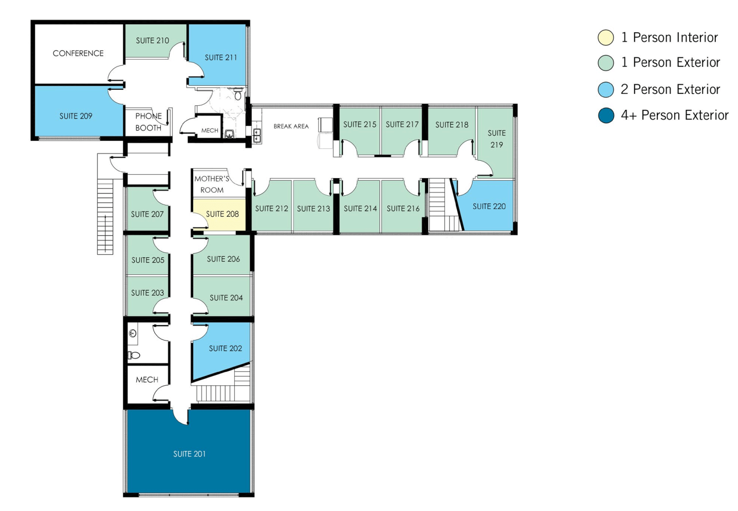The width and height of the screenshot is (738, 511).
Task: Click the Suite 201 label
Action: pyautogui.click(x=190, y=454)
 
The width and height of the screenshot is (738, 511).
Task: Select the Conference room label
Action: pyautogui.click(x=78, y=53)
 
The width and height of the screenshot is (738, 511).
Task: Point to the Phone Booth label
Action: pyautogui.click(x=149, y=122)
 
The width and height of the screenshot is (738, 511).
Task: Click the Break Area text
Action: pyautogui.click(x=291, y=126)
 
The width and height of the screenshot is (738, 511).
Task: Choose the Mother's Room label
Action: pyautogui.click(x=212, y=184)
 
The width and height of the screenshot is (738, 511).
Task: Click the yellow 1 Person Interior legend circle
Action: pyautogui.click(x=606, y=37)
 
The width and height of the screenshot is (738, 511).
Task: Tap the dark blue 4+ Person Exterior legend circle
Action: pyautogui.click(x=606, y=115)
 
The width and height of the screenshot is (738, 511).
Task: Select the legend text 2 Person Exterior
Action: pyautogui.click(x=671, y=89)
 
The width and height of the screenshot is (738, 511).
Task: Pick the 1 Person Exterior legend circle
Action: pyautogui.click(x=606, y=63)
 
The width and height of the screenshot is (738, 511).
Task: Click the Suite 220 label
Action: pyautogui.click(x=489, y=206)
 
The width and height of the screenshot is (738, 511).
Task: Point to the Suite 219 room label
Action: pyautogui.click(x=496, y=139)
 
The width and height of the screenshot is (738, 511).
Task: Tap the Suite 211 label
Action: pyautogui.click(x=221, y=58)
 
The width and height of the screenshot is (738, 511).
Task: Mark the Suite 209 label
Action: pyautogui.click(x=76, y=116)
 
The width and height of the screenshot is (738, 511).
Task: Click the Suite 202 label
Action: pyautogui.click(x=225, y=348)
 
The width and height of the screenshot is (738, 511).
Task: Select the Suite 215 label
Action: pyautogui.click(x=360, y=124)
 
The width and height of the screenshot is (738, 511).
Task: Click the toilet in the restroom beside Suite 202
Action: pyautogui.click(x=134, y=355)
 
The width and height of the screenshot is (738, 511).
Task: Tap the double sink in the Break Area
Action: pyautogui.click(x=257, y=135)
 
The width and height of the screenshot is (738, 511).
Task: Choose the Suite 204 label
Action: pyautogui.click(x=226, y=298)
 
